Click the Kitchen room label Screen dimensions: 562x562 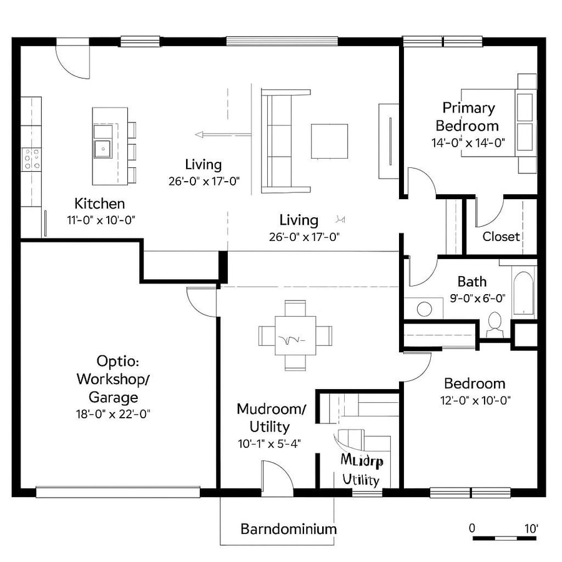point(99,204)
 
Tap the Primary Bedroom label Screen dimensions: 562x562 point(468,117)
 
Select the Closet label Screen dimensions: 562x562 point(501,237)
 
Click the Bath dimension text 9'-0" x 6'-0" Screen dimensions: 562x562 point(478,298)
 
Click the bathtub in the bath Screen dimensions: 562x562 point(523,292)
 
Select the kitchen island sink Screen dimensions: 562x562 point(101,148)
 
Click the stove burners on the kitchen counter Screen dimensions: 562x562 point(31,159)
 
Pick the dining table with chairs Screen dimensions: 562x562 point(295,336)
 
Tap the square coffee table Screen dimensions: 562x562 point(330,141)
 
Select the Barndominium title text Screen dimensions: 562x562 point(288,529)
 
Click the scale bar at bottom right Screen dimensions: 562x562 point(504,537)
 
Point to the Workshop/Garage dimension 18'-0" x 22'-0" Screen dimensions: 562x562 point(114,413)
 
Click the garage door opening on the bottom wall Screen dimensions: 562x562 point(117,492)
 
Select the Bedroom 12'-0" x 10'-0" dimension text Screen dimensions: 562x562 point(475,400)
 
